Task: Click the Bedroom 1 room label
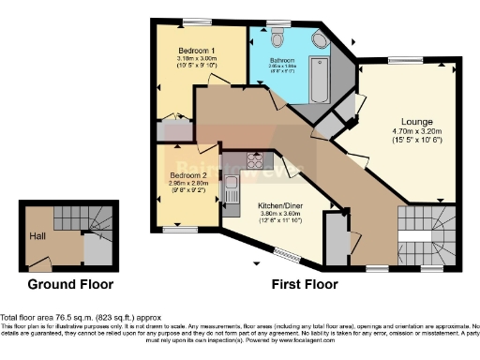click(197, 50)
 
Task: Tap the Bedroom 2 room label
click(188, 175)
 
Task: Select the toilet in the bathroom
click(278, 39)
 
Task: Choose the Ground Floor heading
click(70, 284)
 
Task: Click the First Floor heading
click(309, 284)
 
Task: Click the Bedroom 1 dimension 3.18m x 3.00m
click(197, 58)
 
